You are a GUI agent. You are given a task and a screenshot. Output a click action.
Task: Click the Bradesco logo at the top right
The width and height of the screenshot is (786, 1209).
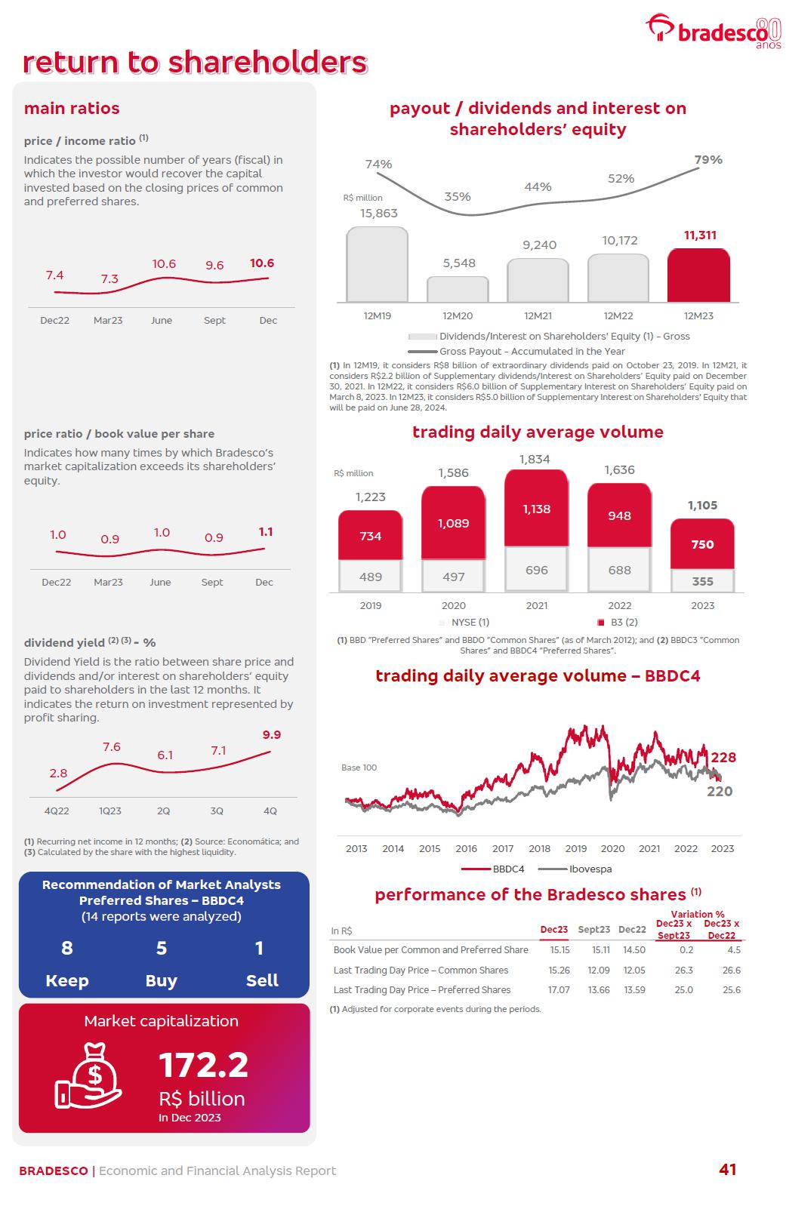(x=713, y=31)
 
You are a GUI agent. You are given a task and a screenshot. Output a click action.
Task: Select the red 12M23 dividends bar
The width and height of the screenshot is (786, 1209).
(x=698, y=275)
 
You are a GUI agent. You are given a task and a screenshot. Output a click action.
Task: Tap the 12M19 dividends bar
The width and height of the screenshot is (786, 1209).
(x=377, y=265)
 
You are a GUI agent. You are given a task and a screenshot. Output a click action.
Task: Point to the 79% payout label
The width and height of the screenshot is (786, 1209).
(x=708, y=160)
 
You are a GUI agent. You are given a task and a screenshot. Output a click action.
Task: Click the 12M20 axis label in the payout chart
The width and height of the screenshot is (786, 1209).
(x=458, y=316)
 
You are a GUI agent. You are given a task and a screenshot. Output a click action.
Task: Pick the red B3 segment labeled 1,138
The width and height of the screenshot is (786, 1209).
(x=536, y=509)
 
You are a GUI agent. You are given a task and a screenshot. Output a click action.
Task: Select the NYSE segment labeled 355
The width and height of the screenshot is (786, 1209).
(x=702, y=581)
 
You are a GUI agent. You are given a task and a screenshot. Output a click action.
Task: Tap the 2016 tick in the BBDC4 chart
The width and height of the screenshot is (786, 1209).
(x=466, y=848)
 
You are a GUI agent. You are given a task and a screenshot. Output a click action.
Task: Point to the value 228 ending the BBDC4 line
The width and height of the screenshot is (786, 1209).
(x=723, y=758)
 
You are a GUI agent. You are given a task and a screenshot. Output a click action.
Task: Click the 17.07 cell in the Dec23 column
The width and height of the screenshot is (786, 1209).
(x=559, y=990)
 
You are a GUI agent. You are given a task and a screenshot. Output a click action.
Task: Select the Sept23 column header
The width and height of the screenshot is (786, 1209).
(x=593, y=930)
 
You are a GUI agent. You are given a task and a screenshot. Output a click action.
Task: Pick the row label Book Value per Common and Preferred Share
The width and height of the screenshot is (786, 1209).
(x=430, y=950)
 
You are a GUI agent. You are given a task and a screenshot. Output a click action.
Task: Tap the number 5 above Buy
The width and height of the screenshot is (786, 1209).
(x=161, y=948)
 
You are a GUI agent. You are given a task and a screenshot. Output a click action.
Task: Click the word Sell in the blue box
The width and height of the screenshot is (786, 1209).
(x=262, y=980)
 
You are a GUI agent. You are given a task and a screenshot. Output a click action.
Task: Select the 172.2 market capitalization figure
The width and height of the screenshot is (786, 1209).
(x=203, y=1066)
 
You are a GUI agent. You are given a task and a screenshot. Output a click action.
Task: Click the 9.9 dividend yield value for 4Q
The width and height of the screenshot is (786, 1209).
(x=272, y=735)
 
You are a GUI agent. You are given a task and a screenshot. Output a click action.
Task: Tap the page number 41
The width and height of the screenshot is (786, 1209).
(x=727, y=1170)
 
